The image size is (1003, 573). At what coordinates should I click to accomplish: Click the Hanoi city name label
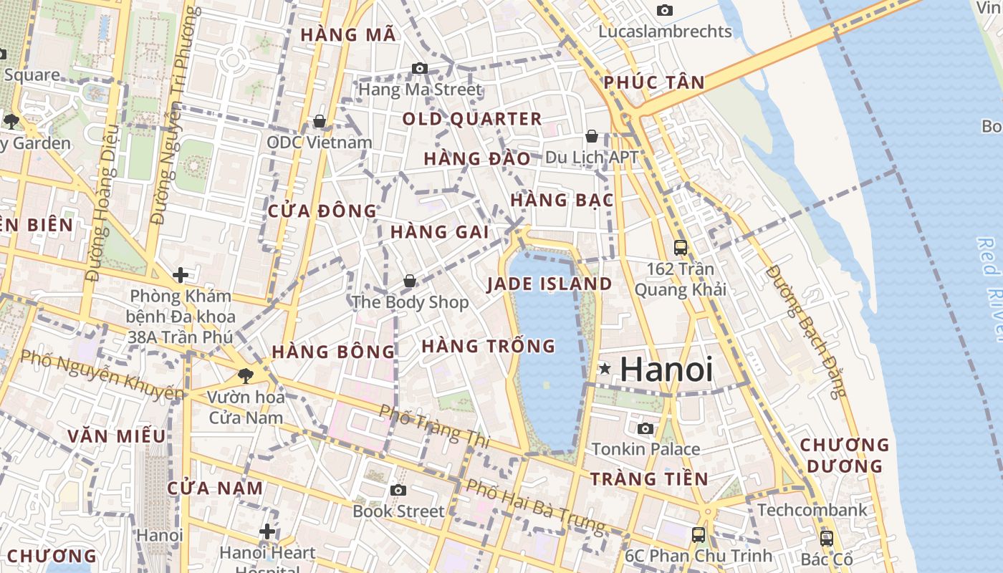666,370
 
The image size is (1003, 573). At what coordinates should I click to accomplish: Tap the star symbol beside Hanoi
605,369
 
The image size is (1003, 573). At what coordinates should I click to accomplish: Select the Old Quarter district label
472,119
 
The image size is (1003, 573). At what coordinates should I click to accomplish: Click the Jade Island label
550,284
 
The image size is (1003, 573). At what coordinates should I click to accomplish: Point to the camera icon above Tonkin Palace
646,428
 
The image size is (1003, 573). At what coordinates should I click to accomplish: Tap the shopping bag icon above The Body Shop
409,281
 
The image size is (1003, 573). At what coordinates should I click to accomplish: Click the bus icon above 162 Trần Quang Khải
680,248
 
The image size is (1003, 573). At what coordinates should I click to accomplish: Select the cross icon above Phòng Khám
181,275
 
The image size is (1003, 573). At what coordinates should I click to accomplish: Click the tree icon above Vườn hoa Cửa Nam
245,375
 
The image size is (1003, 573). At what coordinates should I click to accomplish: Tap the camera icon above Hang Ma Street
420,69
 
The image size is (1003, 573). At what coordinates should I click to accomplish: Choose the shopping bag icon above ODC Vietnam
320,121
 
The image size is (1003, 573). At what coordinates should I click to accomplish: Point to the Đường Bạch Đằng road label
806,331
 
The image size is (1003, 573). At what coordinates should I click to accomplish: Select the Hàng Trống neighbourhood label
488,347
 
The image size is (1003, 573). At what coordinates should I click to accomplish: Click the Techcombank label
812,510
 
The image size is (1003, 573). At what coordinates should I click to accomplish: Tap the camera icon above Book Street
398,490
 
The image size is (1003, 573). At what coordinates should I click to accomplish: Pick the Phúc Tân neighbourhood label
654,82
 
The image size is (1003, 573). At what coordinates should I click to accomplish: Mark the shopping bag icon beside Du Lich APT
592,135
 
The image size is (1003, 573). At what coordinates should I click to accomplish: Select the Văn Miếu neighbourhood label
117,436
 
